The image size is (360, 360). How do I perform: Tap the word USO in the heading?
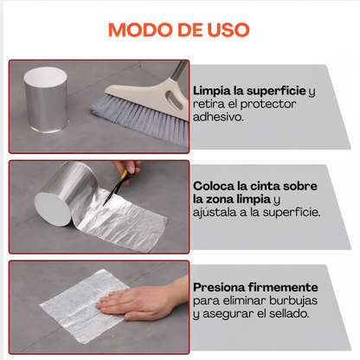coord(225,30)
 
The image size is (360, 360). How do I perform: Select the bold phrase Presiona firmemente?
coord(255,286)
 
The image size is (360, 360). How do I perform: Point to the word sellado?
coord(291,313)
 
